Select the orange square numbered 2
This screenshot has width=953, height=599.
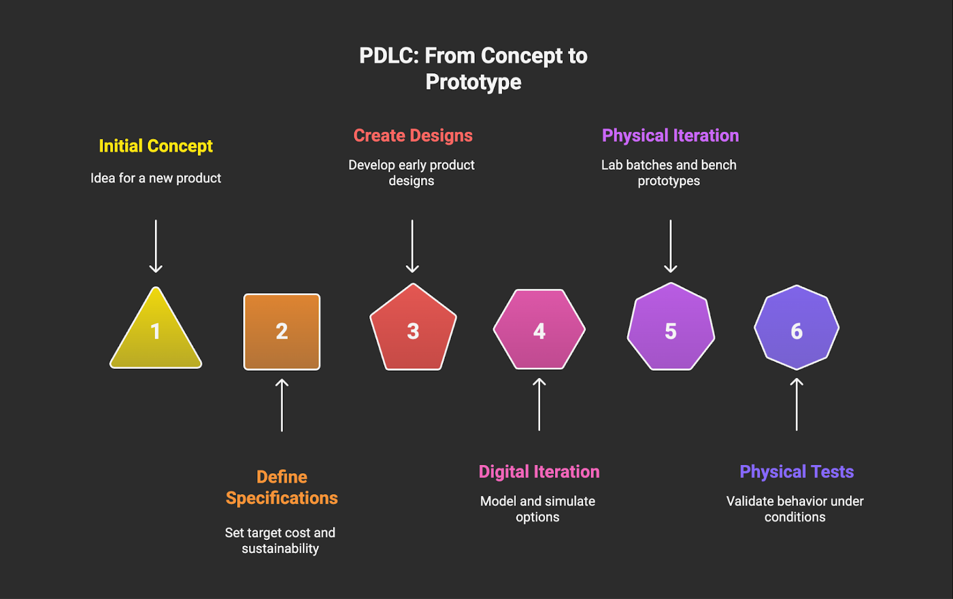pos(282,332)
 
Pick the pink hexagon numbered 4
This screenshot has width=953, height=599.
pos(539,330)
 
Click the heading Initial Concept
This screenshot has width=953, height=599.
pos(155,146)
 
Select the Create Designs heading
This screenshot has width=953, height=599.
pos(413,136)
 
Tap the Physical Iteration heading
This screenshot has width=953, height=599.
pos(670,136)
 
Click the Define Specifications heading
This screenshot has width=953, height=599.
pos(282,488)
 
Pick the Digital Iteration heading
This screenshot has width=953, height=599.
pos(539,472)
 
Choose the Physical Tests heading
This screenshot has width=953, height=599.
pos(796,472)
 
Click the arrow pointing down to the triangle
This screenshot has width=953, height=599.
pos(156,246)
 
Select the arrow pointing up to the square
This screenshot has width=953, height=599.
pos(282,405)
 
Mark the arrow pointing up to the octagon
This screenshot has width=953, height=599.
pos(796,404)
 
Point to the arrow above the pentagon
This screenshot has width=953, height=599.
pos(412,246)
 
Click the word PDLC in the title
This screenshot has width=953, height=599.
pos(390,56)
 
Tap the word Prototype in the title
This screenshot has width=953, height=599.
pos(474,82)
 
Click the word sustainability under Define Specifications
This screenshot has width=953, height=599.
pos(280,549)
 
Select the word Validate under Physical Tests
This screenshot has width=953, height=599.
pos(750,501)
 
